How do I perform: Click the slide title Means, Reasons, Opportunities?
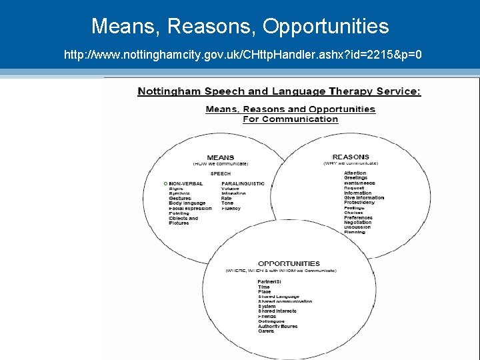tap(240, 26)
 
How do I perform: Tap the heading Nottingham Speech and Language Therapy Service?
tap(279, 91)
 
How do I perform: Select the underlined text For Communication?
tap(290, 119)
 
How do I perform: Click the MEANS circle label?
tap(220, 158)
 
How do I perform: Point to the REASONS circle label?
tap(350, 157)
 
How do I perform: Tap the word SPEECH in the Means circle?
tap(220, 174)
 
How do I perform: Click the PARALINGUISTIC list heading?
tap(243, 183)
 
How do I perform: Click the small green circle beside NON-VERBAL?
tap(165, 183)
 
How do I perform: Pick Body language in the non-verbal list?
tap(187, 203)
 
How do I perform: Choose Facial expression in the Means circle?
tap(190, 209)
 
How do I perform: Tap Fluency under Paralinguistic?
tap(231, 209)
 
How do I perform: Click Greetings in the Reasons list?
tap(355, 178)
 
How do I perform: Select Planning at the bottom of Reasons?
tap(355, 233)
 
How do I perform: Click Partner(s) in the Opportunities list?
tap(269, 282)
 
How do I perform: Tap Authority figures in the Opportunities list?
tap(277, 326)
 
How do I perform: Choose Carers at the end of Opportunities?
tap(266, 331)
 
